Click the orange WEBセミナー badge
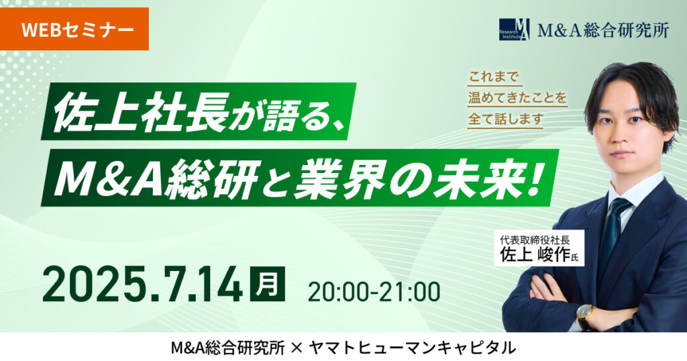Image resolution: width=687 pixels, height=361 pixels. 74,29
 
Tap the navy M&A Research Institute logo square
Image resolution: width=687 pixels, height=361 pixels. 515,30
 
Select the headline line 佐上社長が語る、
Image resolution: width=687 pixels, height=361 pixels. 198,112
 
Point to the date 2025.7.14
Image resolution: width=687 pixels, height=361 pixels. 142,284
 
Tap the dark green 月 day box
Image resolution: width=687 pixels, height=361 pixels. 267,283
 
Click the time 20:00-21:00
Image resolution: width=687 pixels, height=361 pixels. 374,291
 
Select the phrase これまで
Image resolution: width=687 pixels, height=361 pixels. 493,78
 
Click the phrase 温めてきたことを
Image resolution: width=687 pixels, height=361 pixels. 517,98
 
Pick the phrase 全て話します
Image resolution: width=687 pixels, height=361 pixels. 506,119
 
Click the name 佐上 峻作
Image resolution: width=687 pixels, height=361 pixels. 535,254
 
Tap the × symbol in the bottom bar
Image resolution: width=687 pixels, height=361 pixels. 297,348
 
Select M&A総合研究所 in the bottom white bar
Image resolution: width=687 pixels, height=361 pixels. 228,348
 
